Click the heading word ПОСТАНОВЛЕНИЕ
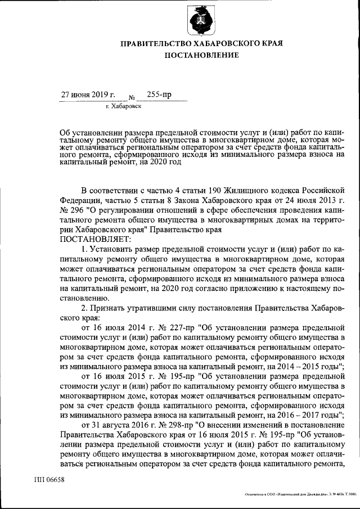[x=201, y=55]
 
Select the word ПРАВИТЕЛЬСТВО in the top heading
[x=159, y=43]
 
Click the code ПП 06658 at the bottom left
[x=50, y=479]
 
